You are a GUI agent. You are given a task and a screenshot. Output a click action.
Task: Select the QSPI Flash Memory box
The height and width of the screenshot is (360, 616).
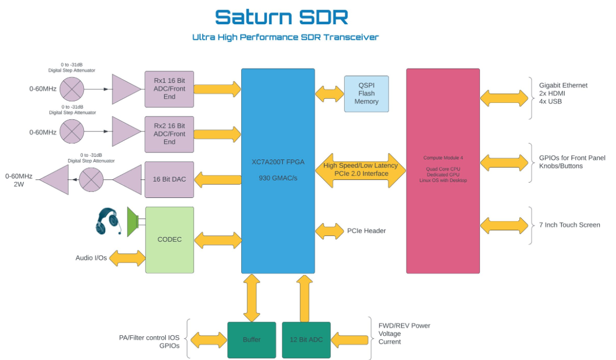point(366,93)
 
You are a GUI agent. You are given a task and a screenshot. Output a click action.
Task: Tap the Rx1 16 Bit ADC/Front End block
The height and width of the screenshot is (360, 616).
point(169,89)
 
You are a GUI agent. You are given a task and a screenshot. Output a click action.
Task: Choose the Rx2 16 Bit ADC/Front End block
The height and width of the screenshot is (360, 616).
point(169,134)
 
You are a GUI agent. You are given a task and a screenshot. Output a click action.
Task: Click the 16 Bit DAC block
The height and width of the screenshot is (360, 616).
point(169,179)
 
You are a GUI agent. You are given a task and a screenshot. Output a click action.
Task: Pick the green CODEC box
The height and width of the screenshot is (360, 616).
point(169,240)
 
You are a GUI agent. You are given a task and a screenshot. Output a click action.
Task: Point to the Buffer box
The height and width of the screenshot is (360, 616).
point(251,339)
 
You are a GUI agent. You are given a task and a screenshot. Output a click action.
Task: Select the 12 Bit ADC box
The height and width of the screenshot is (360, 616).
point(306,339)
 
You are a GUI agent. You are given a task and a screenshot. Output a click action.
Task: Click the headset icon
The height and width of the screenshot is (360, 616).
point(108,221)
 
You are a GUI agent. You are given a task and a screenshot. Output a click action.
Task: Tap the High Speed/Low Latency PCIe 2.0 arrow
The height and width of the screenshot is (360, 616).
point(361,170)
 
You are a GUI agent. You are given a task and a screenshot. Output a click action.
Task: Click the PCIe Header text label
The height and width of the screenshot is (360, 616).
point(366,231)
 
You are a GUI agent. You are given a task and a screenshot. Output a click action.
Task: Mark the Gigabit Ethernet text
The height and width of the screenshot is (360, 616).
point(563,86)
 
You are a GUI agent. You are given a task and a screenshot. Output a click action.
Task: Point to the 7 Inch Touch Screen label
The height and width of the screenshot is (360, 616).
point(570,225)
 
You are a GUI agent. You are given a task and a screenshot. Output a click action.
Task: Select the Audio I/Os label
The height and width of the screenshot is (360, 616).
point(91,258)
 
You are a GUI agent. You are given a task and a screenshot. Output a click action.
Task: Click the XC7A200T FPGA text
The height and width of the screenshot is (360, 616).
point(278,163)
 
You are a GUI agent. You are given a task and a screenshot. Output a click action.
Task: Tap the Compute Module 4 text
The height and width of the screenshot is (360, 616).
point(442,158)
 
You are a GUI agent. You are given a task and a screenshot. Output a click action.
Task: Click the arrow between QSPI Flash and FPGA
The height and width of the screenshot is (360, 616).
point(329,94)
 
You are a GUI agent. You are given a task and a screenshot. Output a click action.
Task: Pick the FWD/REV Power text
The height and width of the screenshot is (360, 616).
point(404,326)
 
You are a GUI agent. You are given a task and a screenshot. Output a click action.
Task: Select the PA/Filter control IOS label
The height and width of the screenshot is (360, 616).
point(149,337)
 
